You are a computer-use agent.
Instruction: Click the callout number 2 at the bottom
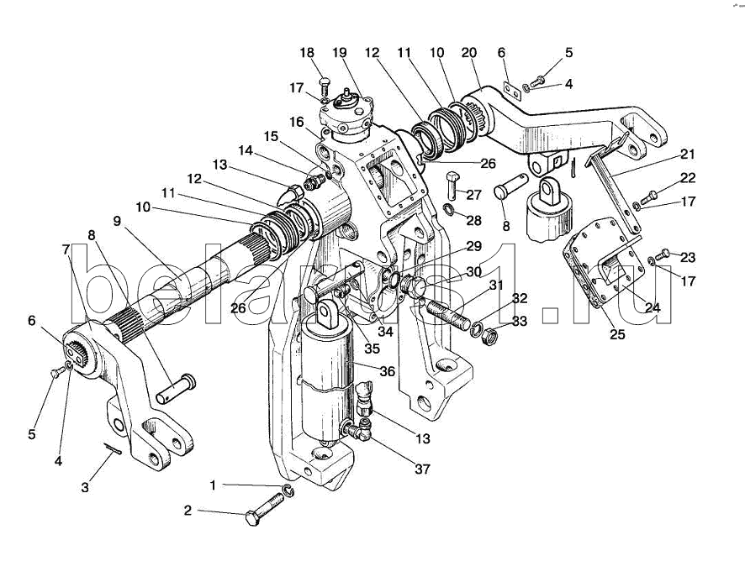(188, 510)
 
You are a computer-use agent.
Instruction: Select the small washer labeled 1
(288, 490)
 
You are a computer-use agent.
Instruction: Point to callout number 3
(84, 487)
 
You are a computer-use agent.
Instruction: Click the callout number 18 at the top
(306, 52)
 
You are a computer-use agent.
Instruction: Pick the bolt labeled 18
(325, 83)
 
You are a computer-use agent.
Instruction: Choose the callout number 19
(339, 52)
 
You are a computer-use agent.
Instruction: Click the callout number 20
(468, 52)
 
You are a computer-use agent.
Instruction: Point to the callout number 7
(65, 249)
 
